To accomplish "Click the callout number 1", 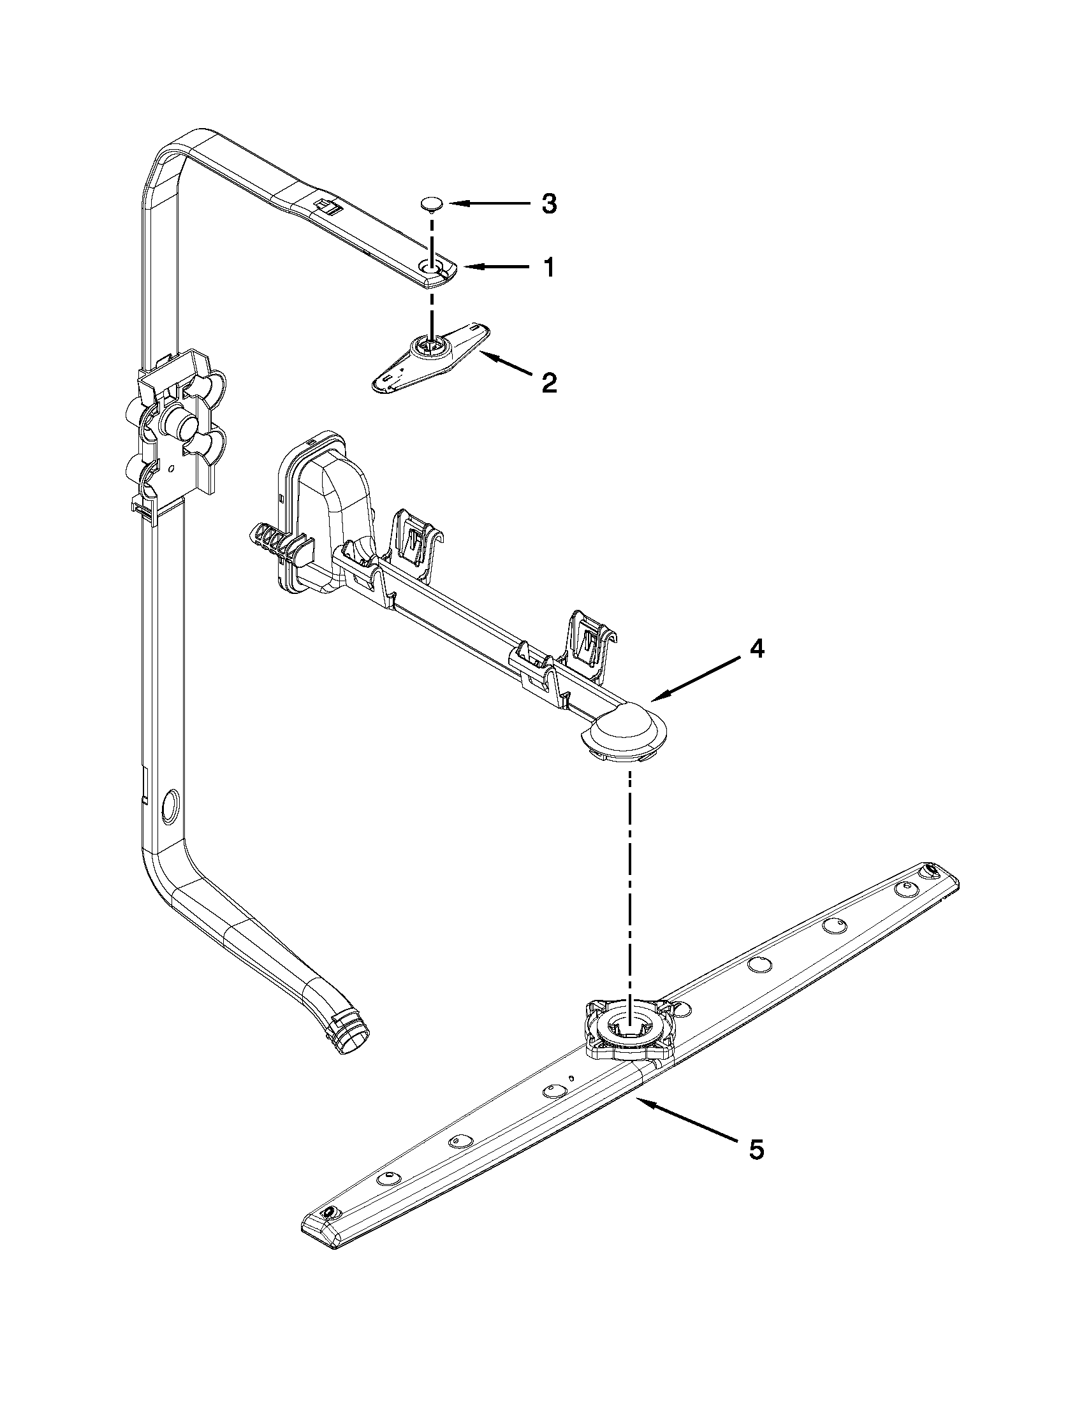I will point(548,267).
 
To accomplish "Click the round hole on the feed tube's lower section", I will point(170,806).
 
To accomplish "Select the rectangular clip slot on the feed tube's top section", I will point(325,205).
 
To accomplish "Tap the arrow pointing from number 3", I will point(488,203).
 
